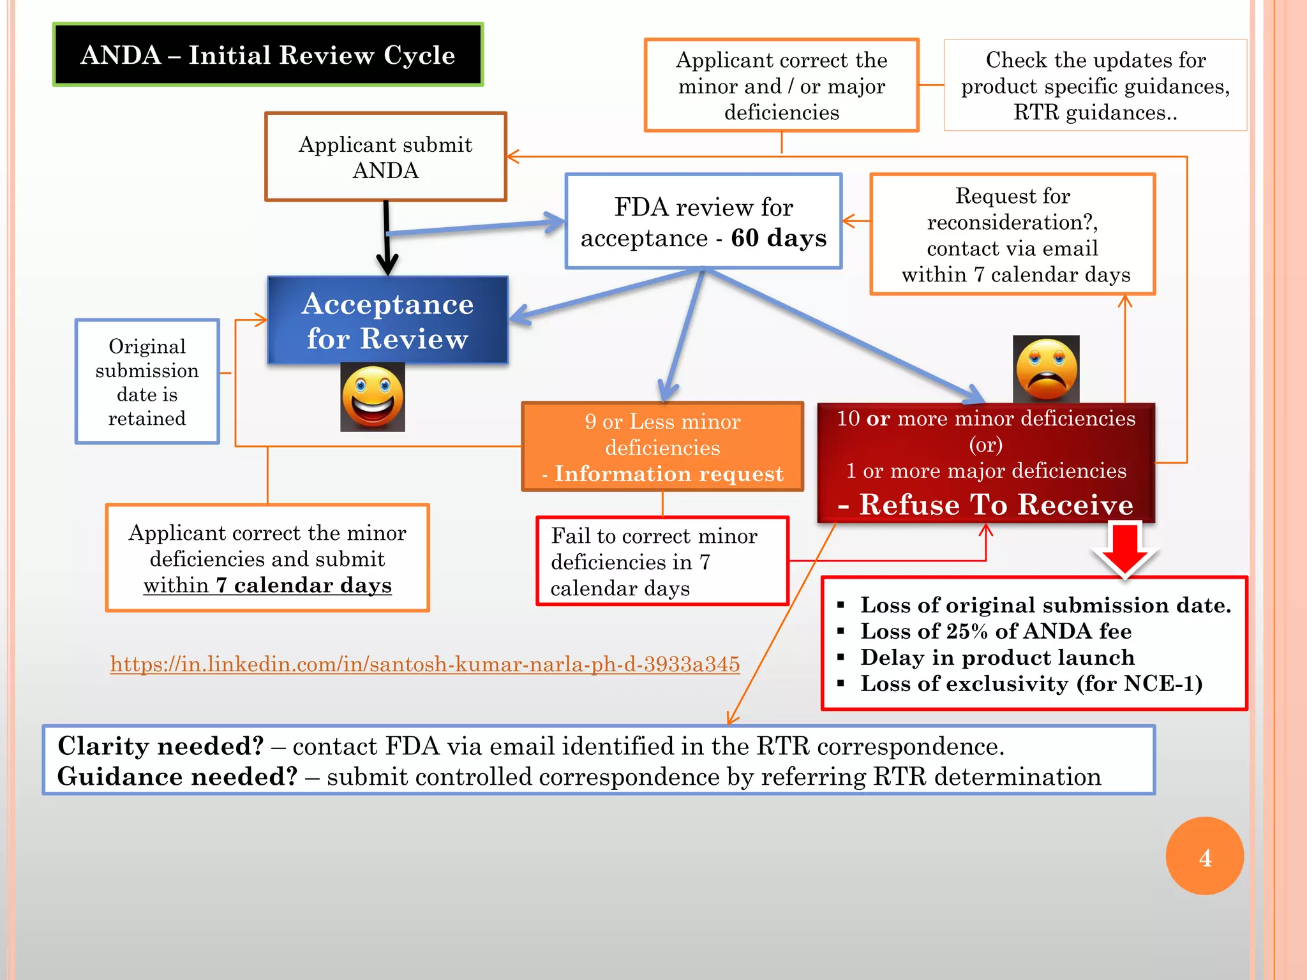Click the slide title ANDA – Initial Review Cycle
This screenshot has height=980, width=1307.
coord(268,55)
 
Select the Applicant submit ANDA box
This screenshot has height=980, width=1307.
coord(385,157)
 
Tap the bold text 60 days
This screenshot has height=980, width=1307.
coord(779,238)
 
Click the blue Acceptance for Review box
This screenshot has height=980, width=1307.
coord(387,320)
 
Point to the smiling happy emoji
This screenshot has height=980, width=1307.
coord(373,397)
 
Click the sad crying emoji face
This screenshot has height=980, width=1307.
coord(1046,369)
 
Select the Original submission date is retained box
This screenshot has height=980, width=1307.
coord(147,382)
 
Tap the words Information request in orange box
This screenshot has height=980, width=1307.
coord(668,473)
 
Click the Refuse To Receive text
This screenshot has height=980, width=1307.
coord(996,504)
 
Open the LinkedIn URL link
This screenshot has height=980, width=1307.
coord(424,664)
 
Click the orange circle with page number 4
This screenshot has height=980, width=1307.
coord(1204,856)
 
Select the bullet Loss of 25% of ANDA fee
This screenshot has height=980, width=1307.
coord(996,631)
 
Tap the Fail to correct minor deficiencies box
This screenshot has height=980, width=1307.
coord(662,561)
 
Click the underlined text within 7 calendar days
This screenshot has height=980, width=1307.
coord(267,585)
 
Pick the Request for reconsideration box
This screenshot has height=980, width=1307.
coord(1013,234)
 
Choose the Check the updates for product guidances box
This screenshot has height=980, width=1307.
coord(1095,85)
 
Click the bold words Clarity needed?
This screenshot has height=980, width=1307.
coord(161,746)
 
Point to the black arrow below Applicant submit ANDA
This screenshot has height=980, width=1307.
coord(387,239)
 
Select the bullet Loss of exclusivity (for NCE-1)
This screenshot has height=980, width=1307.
coord(1031,683)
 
